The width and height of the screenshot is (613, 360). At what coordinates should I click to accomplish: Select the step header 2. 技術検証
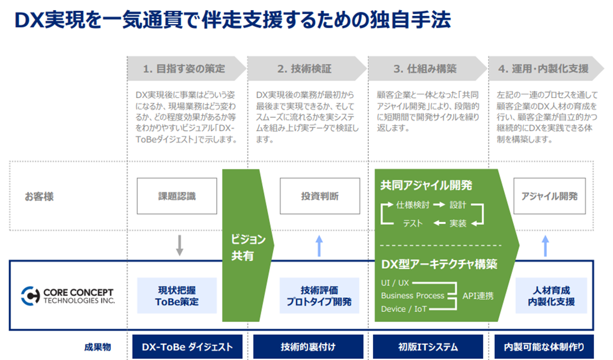tap(304, 69)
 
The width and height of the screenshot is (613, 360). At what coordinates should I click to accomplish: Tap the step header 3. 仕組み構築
tap(425, 69)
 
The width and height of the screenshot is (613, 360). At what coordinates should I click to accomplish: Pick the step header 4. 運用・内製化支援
tap(542, 69)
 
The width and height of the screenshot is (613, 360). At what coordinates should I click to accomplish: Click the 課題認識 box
tap(177, 196)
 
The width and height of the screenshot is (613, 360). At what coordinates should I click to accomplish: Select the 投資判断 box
tap(320, 196)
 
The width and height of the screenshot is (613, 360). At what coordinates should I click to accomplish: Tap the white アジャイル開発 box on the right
tap(549, 196)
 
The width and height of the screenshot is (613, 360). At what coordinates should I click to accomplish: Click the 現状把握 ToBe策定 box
tap(177, 296)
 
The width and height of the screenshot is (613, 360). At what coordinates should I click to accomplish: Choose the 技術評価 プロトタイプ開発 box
tap(320, 296)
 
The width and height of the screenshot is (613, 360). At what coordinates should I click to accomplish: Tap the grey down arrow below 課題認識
tap(179, 245)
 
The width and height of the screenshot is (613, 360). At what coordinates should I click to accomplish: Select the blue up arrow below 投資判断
tap(319, 245)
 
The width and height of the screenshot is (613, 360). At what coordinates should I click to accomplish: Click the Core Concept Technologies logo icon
tap(30, 296)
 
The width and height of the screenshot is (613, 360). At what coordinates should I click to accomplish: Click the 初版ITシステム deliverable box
tap(428, 347)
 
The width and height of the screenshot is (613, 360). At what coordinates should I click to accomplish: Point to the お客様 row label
tap(40, 197)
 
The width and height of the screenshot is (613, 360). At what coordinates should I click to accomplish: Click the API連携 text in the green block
tap(478, 296)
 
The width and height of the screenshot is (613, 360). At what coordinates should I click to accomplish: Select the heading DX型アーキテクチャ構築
tap(439, 264)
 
